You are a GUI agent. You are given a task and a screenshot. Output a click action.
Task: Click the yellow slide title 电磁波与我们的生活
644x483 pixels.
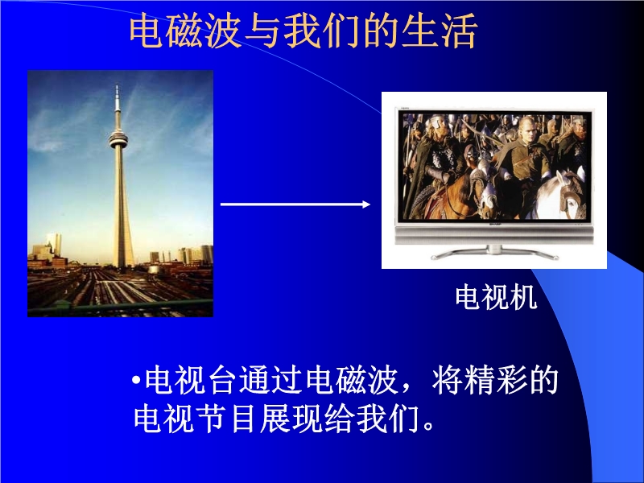(303, 31)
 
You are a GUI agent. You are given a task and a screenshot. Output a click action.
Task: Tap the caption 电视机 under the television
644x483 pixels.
(496, 297)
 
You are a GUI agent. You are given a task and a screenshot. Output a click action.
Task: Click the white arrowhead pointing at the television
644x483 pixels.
(366, 204)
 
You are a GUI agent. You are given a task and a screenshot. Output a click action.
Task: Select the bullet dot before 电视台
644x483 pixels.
(137, 381)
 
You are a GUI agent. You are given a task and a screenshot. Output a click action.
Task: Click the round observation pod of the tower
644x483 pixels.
(118, 139)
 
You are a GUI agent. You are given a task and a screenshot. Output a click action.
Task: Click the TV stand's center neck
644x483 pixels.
(493, 250)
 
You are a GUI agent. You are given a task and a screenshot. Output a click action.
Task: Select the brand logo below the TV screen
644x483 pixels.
(494, 225)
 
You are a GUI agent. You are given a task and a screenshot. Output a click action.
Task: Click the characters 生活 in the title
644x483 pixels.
(440, 31)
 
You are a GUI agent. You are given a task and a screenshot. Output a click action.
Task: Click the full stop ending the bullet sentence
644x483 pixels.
(428, 426)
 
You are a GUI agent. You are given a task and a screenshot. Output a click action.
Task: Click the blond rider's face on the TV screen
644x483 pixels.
(528, 130)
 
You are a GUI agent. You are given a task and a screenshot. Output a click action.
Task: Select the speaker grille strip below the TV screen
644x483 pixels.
(494, 236)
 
